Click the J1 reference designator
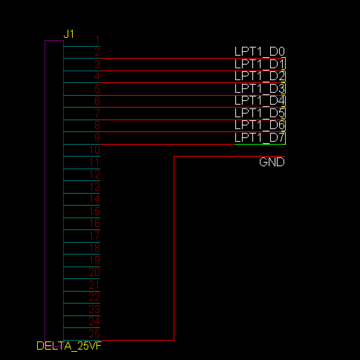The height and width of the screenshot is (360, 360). [x=69, y=34]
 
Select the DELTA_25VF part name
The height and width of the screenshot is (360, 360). [x=68, y=346]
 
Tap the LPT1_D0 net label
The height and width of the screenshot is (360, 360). [x=260, y=51]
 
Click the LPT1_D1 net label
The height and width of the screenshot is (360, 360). [x=260, y=64]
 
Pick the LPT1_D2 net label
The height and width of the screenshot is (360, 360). [x=260, y=76]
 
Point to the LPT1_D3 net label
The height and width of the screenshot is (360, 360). [x=260, y=88]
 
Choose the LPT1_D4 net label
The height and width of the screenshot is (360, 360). [x=260, y=100]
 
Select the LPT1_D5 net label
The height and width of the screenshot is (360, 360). [x=260, y=113]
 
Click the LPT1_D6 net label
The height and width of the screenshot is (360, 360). [x=260, y=125]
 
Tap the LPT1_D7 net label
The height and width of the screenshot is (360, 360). [x=260, y=137]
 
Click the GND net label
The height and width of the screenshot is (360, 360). [x=272, y=162]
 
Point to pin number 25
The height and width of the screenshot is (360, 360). [x=94, y=333]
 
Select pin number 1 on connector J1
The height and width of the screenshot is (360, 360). [x=96, y=40]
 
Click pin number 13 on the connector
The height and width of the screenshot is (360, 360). [x=94, y=186]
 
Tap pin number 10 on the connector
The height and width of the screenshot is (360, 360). [x=94, y=150]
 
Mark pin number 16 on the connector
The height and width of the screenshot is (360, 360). [x=94, y=223]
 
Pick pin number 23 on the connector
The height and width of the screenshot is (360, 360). [x=94, y=309]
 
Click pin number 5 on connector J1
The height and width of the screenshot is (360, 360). [x=96, y=89]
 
